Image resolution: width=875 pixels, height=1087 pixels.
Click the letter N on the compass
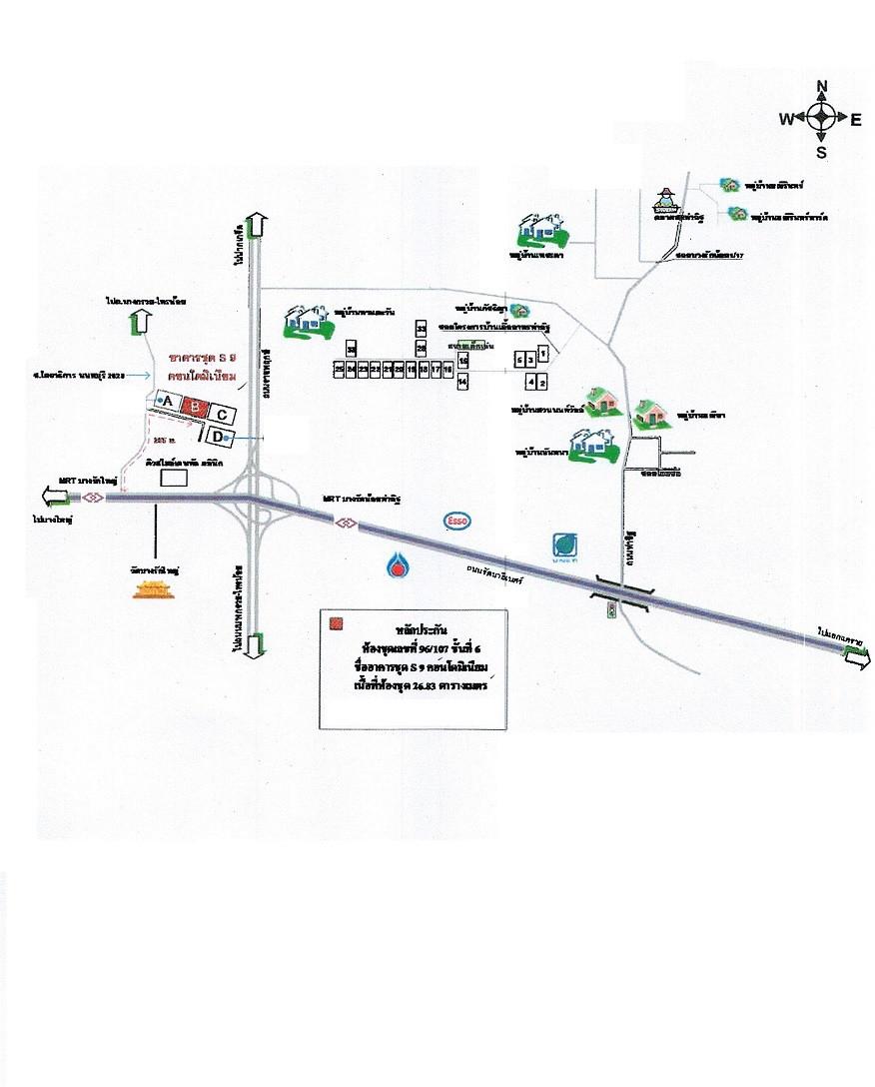coord(821,86)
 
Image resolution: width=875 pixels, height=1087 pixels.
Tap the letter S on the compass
coord(821,153)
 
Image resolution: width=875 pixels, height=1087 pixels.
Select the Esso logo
coord(458,521)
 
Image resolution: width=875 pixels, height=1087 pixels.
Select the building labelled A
coord(167,402)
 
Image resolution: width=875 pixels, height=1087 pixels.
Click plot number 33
coord(422,328)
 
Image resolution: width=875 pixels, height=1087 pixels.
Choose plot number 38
coord(352,349)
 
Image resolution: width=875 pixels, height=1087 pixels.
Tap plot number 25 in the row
coord(340,370)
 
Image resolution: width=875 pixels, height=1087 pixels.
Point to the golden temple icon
coord(148,590)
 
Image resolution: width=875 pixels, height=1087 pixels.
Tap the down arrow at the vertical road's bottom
coord(256,644)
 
